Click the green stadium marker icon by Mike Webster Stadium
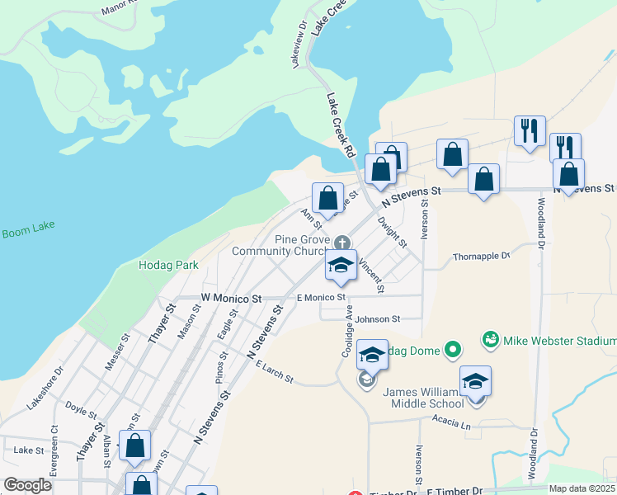point(490,339)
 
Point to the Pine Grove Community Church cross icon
point(342,243)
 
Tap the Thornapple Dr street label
point(482,256)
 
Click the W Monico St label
point(231,298)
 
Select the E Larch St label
point(274,372)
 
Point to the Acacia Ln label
point(450,424)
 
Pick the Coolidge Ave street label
point(349,328)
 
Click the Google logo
point(27,485)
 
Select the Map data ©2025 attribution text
point(582,488)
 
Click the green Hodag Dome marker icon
point(452,351)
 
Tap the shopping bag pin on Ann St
point(328,199)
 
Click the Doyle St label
point(76,408)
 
